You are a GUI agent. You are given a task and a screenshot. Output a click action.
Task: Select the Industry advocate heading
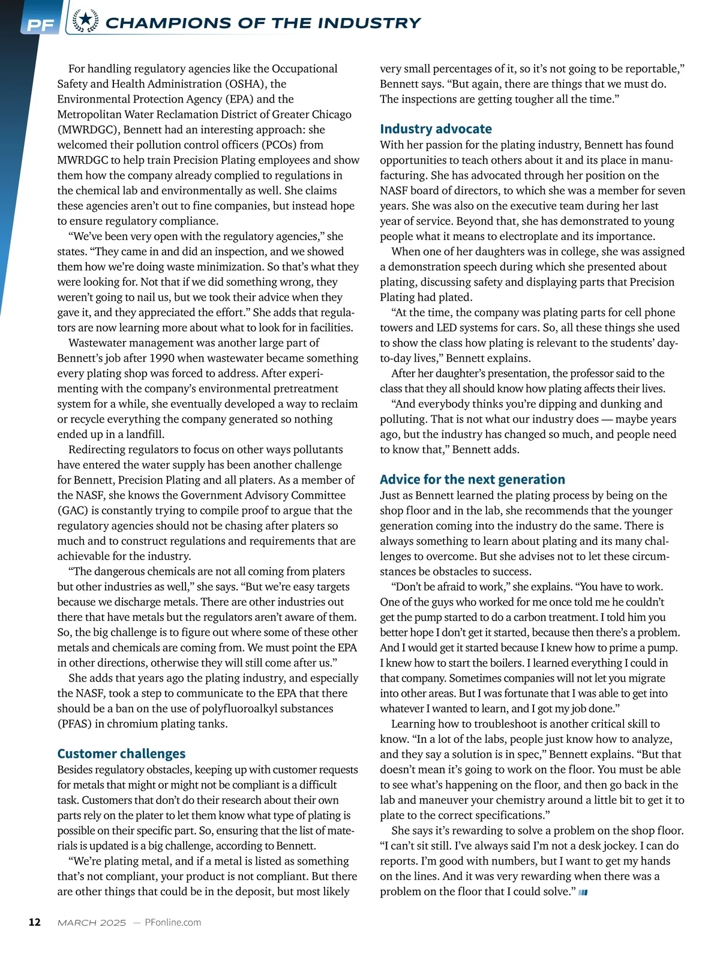(x=436, y=129)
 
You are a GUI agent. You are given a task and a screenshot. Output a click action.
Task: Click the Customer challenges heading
(x=121, y=754)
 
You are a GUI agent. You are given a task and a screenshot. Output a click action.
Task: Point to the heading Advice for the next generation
(x=472, y=479)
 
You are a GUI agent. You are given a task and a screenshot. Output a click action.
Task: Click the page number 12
(x=35, y=922)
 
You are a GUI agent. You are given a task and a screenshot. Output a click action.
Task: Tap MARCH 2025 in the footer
(x=92, y=923)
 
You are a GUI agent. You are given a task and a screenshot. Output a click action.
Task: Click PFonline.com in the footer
(x=173, y=922)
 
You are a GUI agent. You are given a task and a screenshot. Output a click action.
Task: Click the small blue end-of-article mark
(x=583, y=893)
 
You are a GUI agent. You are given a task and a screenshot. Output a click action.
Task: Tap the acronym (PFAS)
(x=74, y=724)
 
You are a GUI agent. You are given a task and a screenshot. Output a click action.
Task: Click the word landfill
(x=145, y=434)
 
